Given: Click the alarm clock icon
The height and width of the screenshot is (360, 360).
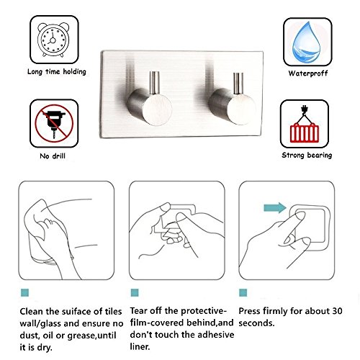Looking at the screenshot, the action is click(53, 40).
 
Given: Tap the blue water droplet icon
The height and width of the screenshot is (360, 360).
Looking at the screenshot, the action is click(306, 42).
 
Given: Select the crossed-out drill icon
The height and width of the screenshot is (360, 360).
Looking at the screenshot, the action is click(54, 123).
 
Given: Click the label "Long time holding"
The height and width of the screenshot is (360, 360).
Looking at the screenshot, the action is click(57, 71).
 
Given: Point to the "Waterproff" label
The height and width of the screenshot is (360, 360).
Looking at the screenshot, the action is click(308, 73).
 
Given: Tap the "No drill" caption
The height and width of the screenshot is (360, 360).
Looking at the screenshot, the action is click(53, 156).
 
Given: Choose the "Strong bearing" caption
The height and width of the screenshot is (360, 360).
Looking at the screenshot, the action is click(307, 156).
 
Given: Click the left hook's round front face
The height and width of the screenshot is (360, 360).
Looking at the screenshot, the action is click(157, 109).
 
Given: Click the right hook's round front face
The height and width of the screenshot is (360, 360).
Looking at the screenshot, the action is click(241, 109).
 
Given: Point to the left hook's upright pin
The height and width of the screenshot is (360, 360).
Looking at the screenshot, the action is click(155, 83).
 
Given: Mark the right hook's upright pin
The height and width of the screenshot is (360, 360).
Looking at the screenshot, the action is click(238, 84).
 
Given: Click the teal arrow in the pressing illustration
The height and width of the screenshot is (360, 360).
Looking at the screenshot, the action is click(275, 207).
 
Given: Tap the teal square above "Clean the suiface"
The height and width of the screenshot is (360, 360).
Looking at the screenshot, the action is click(24, 292).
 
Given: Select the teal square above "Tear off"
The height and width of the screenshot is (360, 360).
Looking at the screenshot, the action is click(135, 292).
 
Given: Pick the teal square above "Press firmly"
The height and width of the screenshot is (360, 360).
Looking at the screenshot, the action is click(243, 292).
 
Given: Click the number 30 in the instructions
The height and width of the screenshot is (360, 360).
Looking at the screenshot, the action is click(337, 311).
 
